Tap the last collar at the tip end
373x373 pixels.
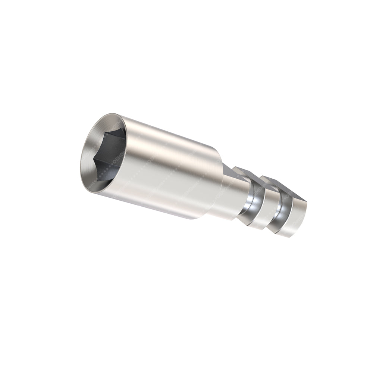pos(295,220)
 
